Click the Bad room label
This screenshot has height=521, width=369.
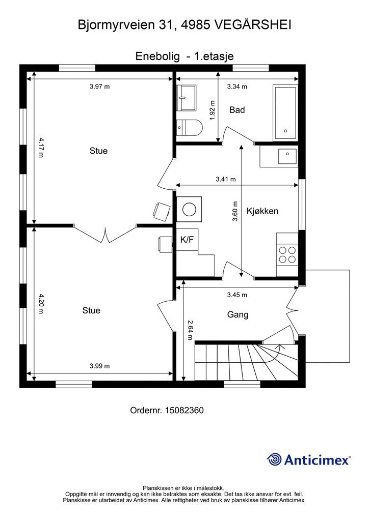click(x=237, y=110)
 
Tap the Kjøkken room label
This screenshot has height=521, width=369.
click(x=262, y=211)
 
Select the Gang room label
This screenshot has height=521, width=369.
click(x=238, y=314)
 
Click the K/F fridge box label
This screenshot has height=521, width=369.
click(x=187, y=239)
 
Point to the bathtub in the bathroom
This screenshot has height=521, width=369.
click(x=285, y=113)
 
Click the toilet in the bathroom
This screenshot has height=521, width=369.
click(x=189, y=127)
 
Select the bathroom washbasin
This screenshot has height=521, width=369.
click(x=187, y=98)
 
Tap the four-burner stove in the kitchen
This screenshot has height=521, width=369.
click(x=287, y=254)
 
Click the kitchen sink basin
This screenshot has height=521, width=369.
click(x=287, y=156)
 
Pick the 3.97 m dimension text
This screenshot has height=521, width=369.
click(x=99, y=86)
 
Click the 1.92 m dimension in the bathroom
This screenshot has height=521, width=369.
click(x=213, y=110)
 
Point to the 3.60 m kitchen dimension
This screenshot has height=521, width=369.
click(x=235, y=211)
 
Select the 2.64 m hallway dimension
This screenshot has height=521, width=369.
click(x=190, y=330)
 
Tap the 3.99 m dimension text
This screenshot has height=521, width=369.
click(x=99, y=366)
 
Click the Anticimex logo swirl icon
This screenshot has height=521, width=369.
click(x=274, y=459)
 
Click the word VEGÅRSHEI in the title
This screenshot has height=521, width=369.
click(x=253, y=25)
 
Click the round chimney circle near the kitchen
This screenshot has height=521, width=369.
click(x=189, y=209)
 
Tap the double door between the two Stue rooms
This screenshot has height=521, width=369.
click(x=105, y=234)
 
